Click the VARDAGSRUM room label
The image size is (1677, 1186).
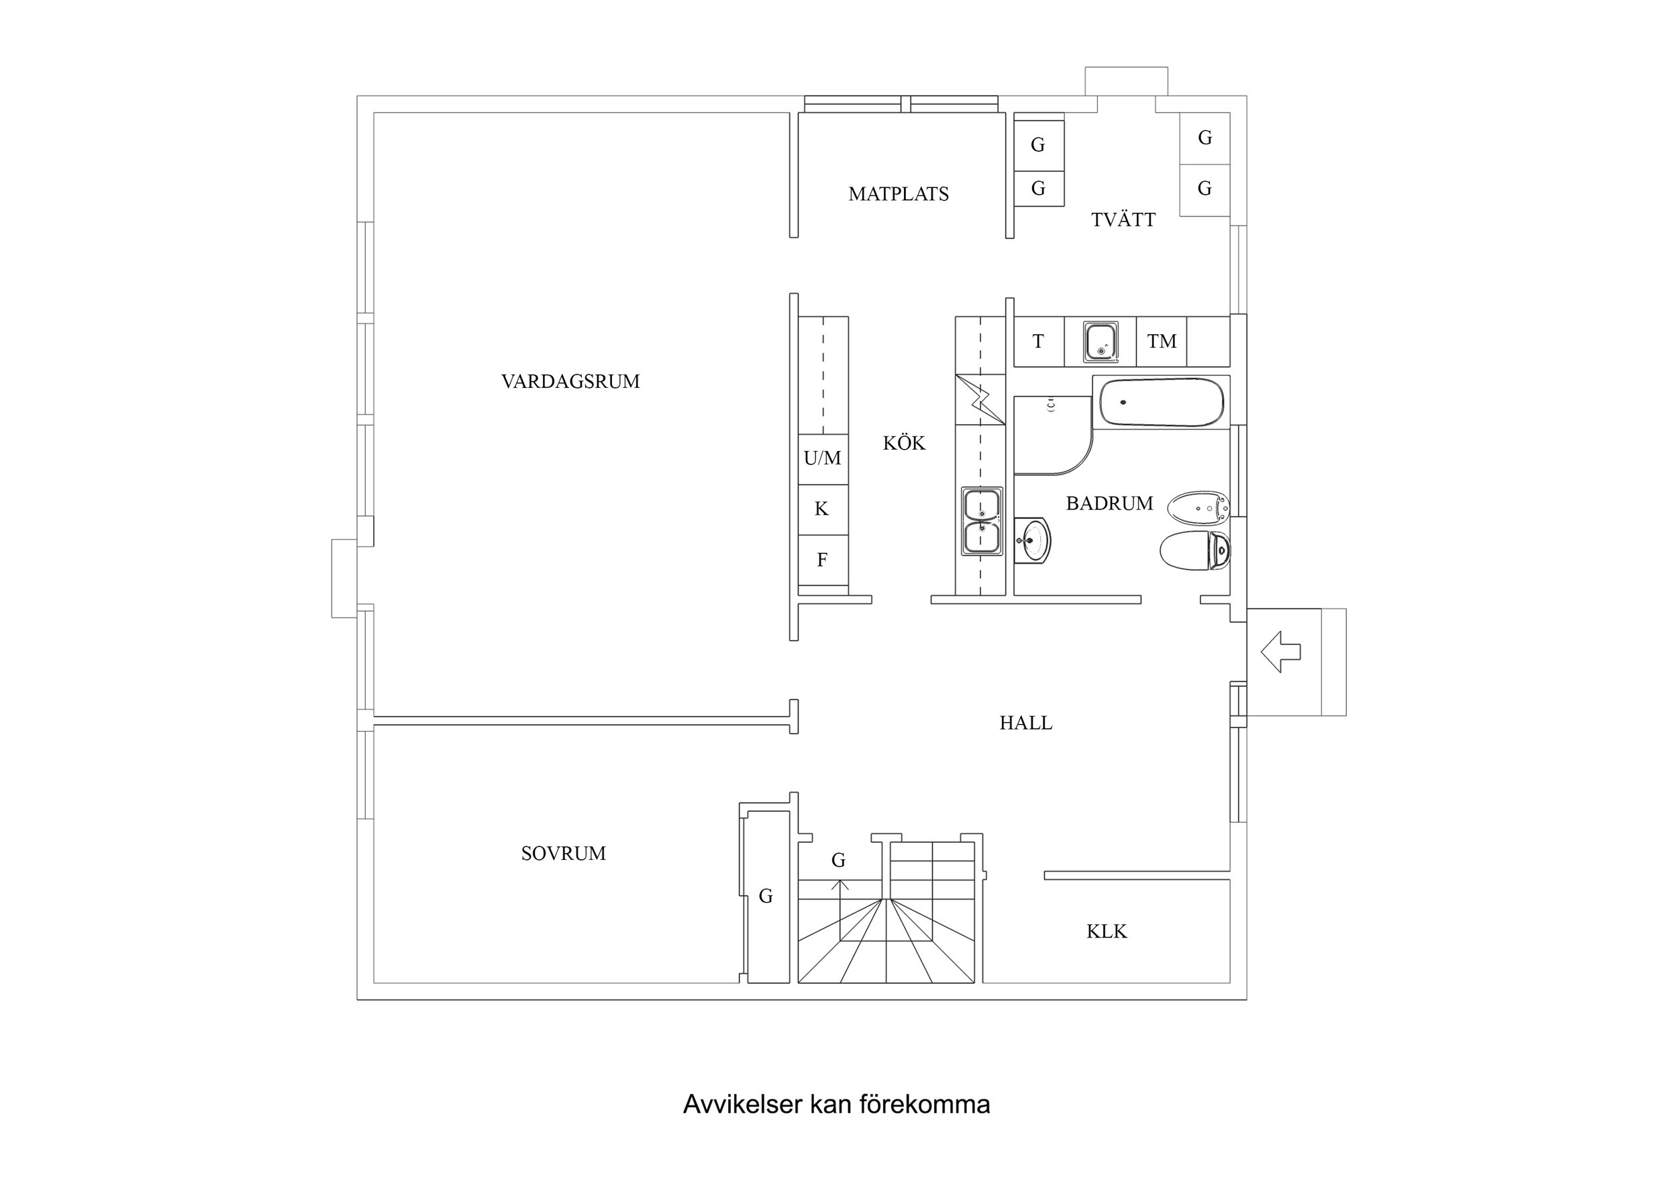[x=570, y=381]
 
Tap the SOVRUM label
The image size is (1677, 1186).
[x=563, y=854]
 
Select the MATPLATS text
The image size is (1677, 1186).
[x=899, y=195]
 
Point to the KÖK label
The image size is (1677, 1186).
[x=903, y=444]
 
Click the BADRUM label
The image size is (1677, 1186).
[x=1109, y=503]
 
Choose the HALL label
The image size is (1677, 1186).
[x=1025, y=724]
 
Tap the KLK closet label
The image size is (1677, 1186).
[x=1106, y=932]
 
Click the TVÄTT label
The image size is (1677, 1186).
[x=1123, y=220]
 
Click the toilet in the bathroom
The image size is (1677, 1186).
[x=1195, y=551]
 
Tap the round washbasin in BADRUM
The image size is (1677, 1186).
[x=1033, y=541]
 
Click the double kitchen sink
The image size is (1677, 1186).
[x=982, y=522]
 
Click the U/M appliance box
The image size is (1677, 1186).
[x=823, y=459]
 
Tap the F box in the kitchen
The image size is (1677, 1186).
[x=823, y=560]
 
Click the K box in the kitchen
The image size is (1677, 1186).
[x=823, y=509]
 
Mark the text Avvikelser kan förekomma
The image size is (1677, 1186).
[x=836, y=1104]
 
